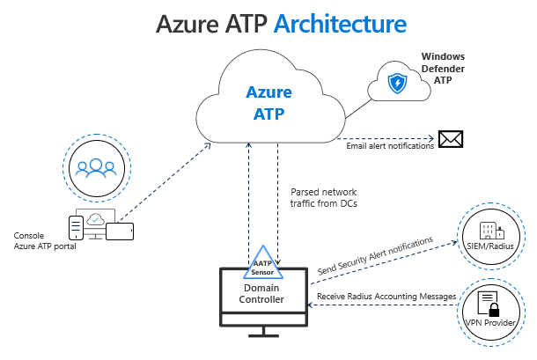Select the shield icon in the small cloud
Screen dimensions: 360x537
point(398,84)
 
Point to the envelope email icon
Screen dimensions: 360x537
point(451,139)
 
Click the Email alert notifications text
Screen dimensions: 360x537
point(390,146)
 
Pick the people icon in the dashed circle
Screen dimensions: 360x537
point(92,165)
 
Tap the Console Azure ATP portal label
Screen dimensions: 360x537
point(45,240)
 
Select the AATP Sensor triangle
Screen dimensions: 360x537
point(262,267)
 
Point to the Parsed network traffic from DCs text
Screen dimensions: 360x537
point(325,196)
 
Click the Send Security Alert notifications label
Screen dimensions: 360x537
point(376,255)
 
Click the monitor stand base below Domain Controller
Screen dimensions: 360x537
point(263,334)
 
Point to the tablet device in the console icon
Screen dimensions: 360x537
point(119,231)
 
